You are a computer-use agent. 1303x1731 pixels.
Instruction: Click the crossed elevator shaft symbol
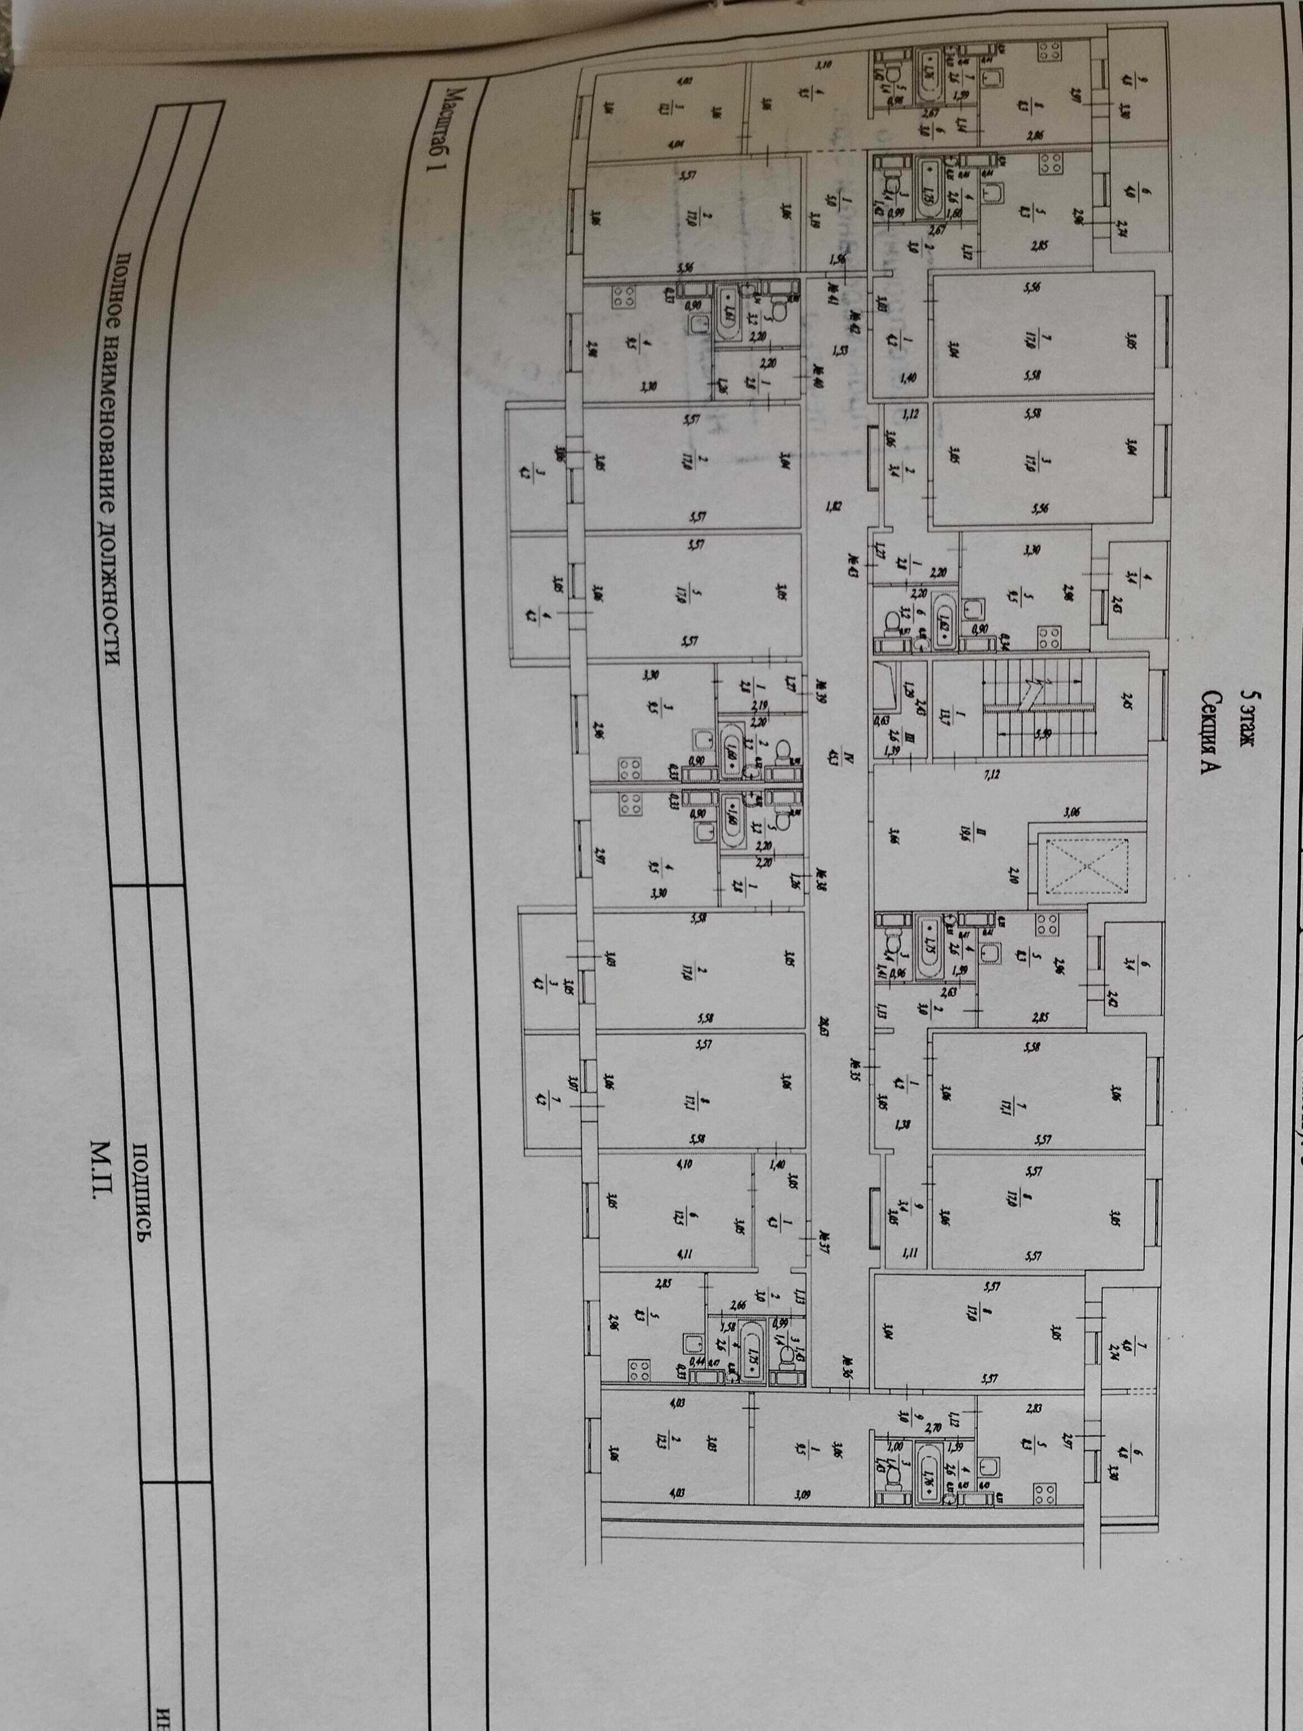point(1087,865)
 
